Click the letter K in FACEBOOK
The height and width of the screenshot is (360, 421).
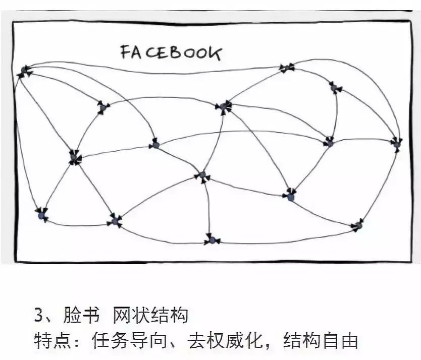[x=216, y=53]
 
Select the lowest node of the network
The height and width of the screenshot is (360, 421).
[x=212, y=239]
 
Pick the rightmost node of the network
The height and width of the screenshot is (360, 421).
[x=397, y=144]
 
